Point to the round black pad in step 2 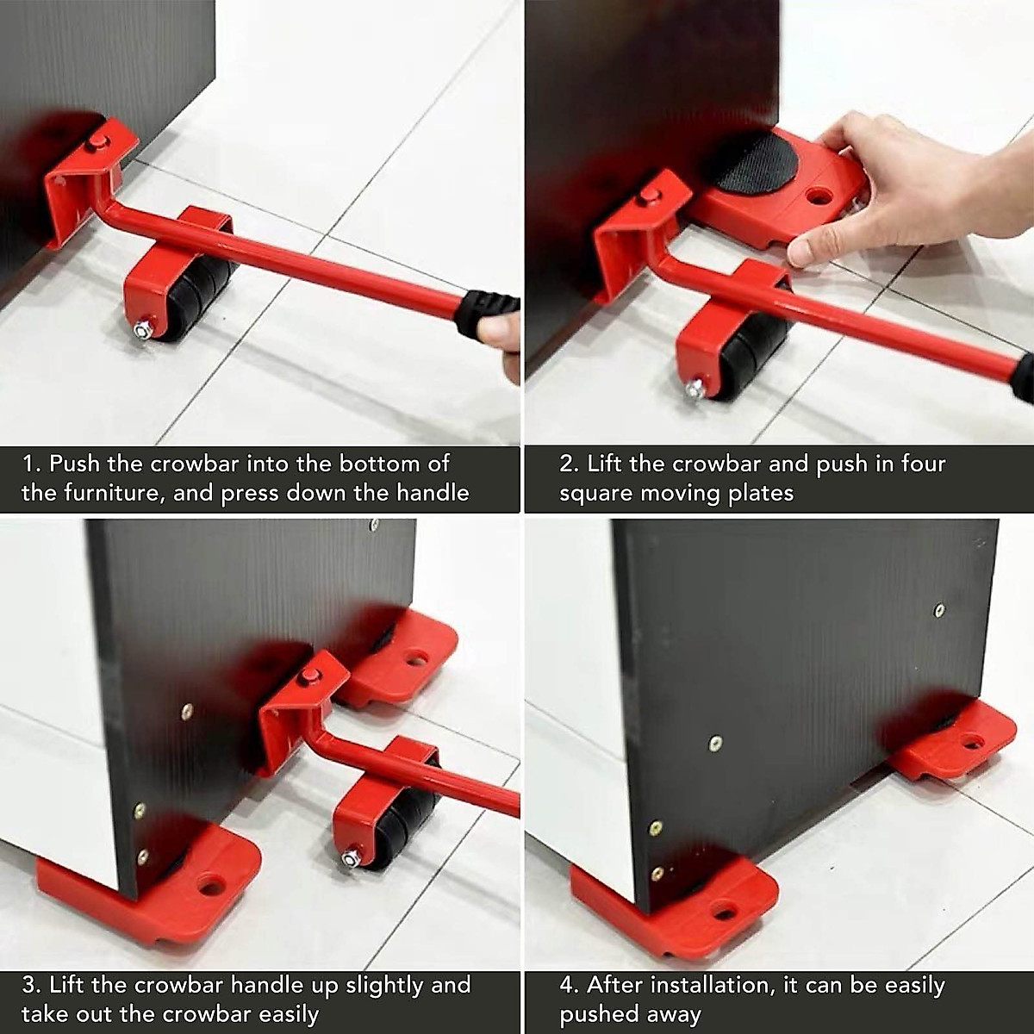click(752, 161)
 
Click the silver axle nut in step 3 click(351, 858)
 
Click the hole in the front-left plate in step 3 click(210, 885)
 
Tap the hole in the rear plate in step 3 click(417, 659)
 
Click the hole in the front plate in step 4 click(723, 912)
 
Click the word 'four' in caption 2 click(923, 464)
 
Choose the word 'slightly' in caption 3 click(384, 985)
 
